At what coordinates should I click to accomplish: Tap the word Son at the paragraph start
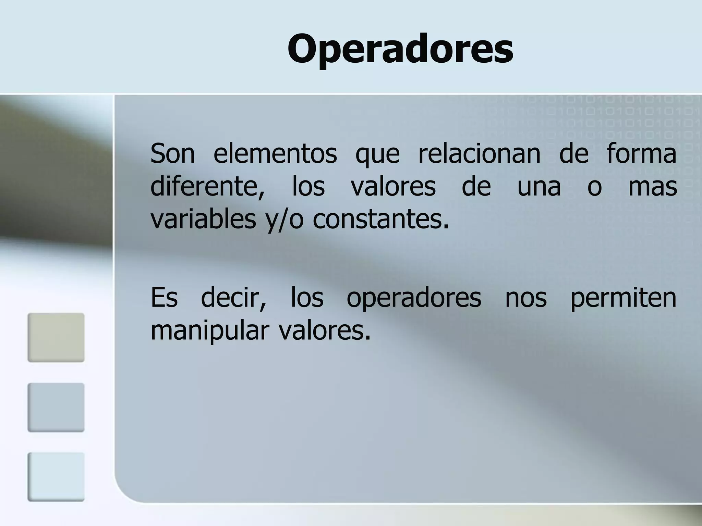172,154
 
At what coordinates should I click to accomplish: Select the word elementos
275,154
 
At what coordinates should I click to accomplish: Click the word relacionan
479,154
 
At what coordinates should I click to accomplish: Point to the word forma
641,154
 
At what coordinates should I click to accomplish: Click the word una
539,187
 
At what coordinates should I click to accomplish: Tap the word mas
653,187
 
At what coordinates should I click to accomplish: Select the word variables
203,219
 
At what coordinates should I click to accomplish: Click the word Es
164,298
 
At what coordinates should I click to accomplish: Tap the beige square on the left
56,337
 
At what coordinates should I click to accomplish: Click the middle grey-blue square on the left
56,407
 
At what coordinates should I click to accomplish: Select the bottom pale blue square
56,477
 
